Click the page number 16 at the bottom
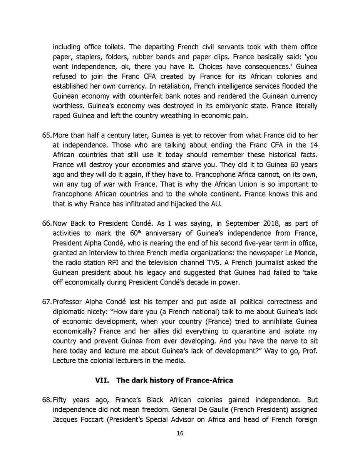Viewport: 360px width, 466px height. (x=180, y=433)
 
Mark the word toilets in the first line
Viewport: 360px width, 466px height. (x=111, y=47)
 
